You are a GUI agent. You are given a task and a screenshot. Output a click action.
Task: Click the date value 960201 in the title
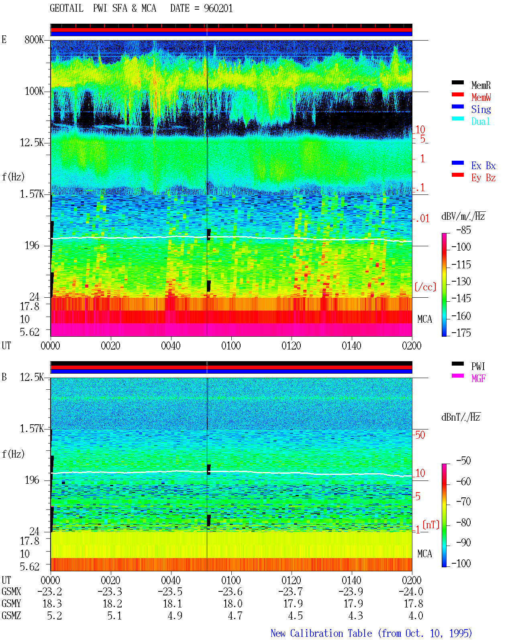tap(218, 8)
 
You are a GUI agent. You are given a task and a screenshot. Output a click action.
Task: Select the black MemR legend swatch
tap(457, 82)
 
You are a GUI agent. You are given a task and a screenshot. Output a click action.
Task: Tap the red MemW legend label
tap(481, 97)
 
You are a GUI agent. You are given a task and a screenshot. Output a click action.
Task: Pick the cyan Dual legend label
tap(481, 121)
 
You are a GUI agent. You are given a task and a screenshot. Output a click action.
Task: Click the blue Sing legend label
tap(481, 109)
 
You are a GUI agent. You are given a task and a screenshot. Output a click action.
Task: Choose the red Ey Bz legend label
tap(483, 178)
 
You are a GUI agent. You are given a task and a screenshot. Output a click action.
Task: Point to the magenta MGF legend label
tap(478, 378)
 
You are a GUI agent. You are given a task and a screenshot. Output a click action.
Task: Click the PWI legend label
tap(478, 366)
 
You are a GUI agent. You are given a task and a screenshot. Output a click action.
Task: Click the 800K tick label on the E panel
tap(34, 39)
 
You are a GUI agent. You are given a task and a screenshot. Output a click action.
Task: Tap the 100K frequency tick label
tap(34, 91)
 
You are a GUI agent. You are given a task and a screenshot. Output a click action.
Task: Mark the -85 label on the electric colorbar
tap(463, 230)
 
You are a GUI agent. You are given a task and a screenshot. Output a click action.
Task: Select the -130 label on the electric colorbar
tap(461, 281)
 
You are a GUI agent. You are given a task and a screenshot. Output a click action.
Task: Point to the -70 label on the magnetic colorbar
tap(463, 502)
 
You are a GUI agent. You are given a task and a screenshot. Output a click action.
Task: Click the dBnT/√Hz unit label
tap(461, 417)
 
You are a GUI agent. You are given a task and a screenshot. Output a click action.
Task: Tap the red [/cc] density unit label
tap(425, 287)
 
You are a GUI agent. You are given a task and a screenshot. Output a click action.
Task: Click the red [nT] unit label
tap(431, 524)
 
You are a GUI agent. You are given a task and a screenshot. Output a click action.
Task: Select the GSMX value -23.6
tap(230, 591)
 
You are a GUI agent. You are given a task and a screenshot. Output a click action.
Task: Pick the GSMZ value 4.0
tap(416, 615)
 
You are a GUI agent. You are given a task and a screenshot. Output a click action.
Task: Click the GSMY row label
tap(11, 603)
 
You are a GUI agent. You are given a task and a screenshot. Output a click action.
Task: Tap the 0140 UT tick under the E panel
tap(351, 346)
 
